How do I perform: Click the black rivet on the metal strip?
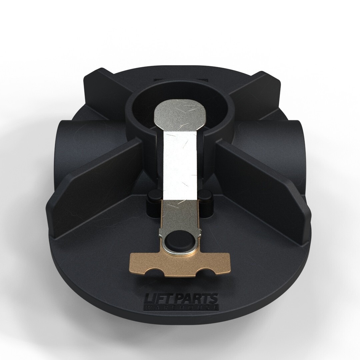point(178,241)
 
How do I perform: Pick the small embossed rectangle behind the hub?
point(180,80)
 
